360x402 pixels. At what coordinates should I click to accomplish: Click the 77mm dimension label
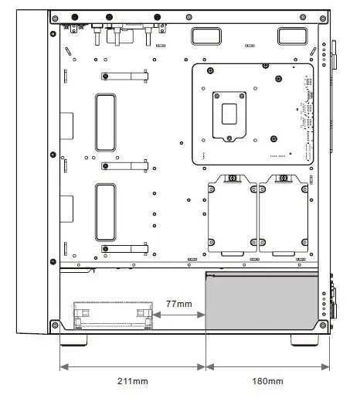click(x=179, y=304)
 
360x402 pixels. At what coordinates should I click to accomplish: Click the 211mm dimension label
click(x=133, y=381)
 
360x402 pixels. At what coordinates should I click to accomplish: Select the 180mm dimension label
click(x=267, y=381)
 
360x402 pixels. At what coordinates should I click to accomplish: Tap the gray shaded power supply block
click(x=262, y=301)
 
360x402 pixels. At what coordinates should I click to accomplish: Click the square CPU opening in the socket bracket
click(x=229, y=114)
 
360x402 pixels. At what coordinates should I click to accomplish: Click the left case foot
click(x=73, y=340)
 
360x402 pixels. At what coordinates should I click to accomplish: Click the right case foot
click(x=304, y=340)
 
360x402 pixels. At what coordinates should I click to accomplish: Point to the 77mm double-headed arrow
click(x=179, y=315)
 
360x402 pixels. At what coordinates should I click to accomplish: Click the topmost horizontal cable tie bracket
click(x=124, y=77)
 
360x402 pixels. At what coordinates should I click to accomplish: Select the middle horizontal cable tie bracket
click(x=124, y=166)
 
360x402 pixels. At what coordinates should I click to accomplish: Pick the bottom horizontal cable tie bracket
click(x=124, y=249)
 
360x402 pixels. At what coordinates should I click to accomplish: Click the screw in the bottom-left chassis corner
click(x=55, y=325)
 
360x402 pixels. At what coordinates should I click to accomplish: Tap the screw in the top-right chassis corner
click(x=323, y=19)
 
